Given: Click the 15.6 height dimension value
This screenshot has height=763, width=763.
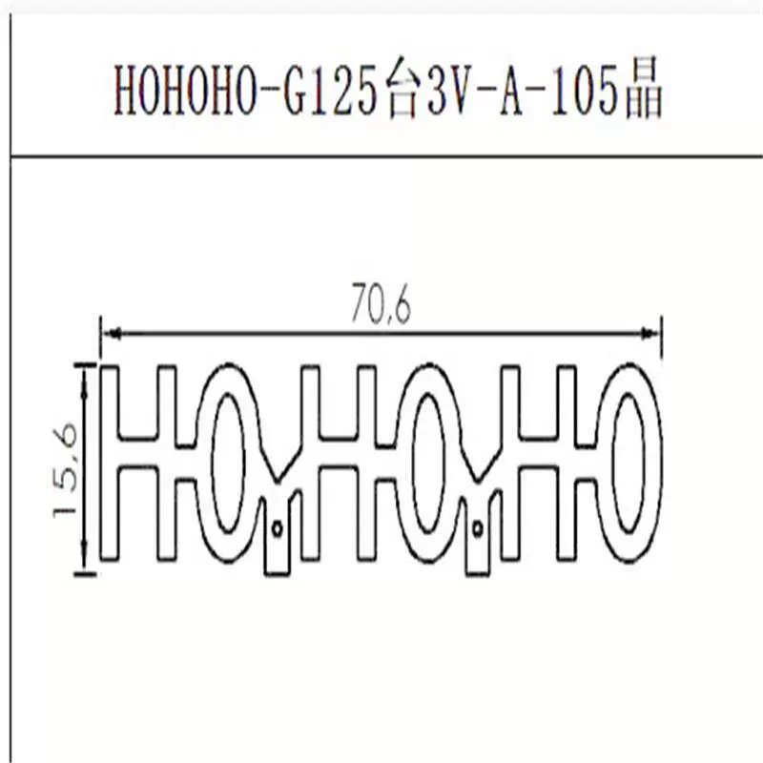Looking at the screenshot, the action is [65, 470].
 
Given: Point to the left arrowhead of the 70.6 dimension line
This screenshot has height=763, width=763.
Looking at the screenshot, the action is [113, 333].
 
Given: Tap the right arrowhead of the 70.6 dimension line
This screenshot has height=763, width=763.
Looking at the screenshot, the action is [650, 333].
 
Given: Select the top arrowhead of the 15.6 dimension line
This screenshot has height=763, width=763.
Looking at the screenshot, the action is [85, 376].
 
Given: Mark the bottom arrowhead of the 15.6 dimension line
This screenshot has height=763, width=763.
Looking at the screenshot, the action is [85, 563].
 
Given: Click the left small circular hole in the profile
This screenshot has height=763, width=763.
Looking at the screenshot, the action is [278, 528].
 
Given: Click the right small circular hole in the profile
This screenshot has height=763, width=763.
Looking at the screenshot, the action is [478, 528].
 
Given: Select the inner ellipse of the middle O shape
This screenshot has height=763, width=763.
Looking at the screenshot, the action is [412, 463].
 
